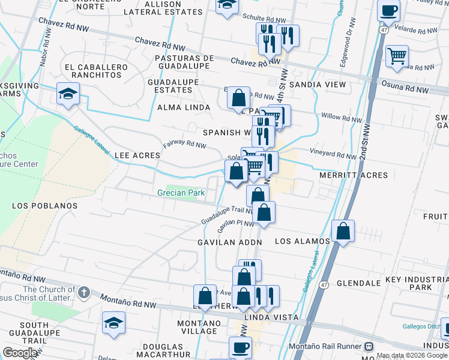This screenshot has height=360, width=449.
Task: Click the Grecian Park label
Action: (181, 193)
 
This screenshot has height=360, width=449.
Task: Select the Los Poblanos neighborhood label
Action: (45, 206)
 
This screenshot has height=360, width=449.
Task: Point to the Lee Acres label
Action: (137, 155)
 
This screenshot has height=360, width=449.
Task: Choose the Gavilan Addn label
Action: (231, 242)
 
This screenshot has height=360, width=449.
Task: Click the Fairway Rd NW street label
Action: (184, 145)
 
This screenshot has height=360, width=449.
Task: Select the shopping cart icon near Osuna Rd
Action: (397, 56)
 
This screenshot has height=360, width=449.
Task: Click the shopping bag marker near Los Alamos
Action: (343, 230)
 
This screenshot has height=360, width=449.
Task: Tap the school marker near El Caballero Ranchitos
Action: (68, 94)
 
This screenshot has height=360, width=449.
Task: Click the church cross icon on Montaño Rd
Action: (83, 293)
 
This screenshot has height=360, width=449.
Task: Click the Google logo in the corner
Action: (20, 353)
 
